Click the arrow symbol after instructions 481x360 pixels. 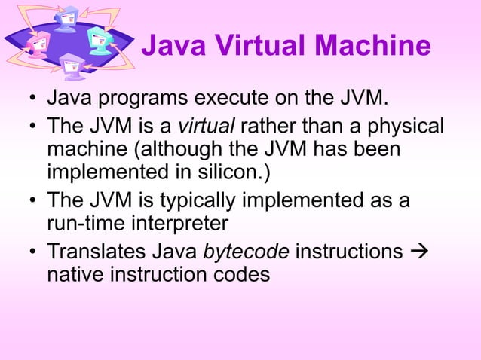pos(418,249)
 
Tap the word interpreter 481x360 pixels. pos(176,224)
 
